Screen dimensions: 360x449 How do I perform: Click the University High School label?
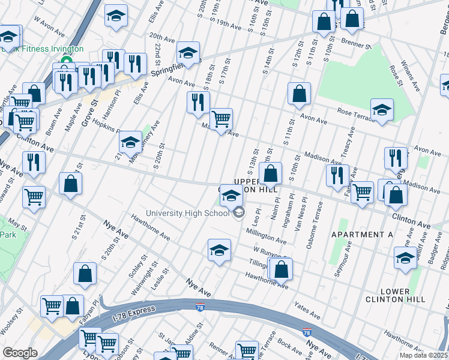187,214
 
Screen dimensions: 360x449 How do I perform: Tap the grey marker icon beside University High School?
239,212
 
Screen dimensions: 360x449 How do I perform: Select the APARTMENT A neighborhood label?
362,235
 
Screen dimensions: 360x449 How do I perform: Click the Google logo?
20,353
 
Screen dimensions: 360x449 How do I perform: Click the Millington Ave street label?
265,235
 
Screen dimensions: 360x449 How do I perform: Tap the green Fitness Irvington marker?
64,61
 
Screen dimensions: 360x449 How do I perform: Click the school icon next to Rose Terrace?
382,110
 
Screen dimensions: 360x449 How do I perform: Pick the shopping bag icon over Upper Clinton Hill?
271,174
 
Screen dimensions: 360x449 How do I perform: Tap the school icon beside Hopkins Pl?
130,143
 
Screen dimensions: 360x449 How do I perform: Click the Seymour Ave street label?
348,255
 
